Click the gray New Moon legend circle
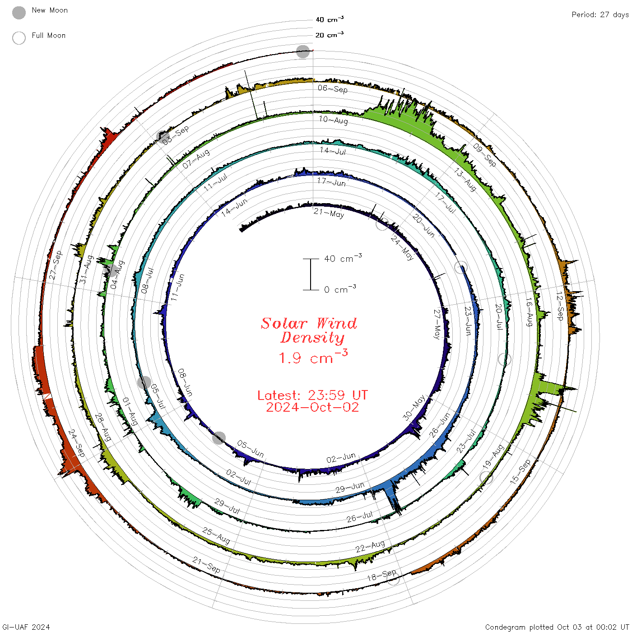tap(19, 13)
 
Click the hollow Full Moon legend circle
tap(19, 38)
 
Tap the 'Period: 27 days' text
tap(600, 15)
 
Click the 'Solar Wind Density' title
tap(309, 330)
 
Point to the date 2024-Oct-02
tap(312, 407)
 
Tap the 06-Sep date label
tap(333, 88)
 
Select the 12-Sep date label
tap(560, 306)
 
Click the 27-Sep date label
tap(55, 265)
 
